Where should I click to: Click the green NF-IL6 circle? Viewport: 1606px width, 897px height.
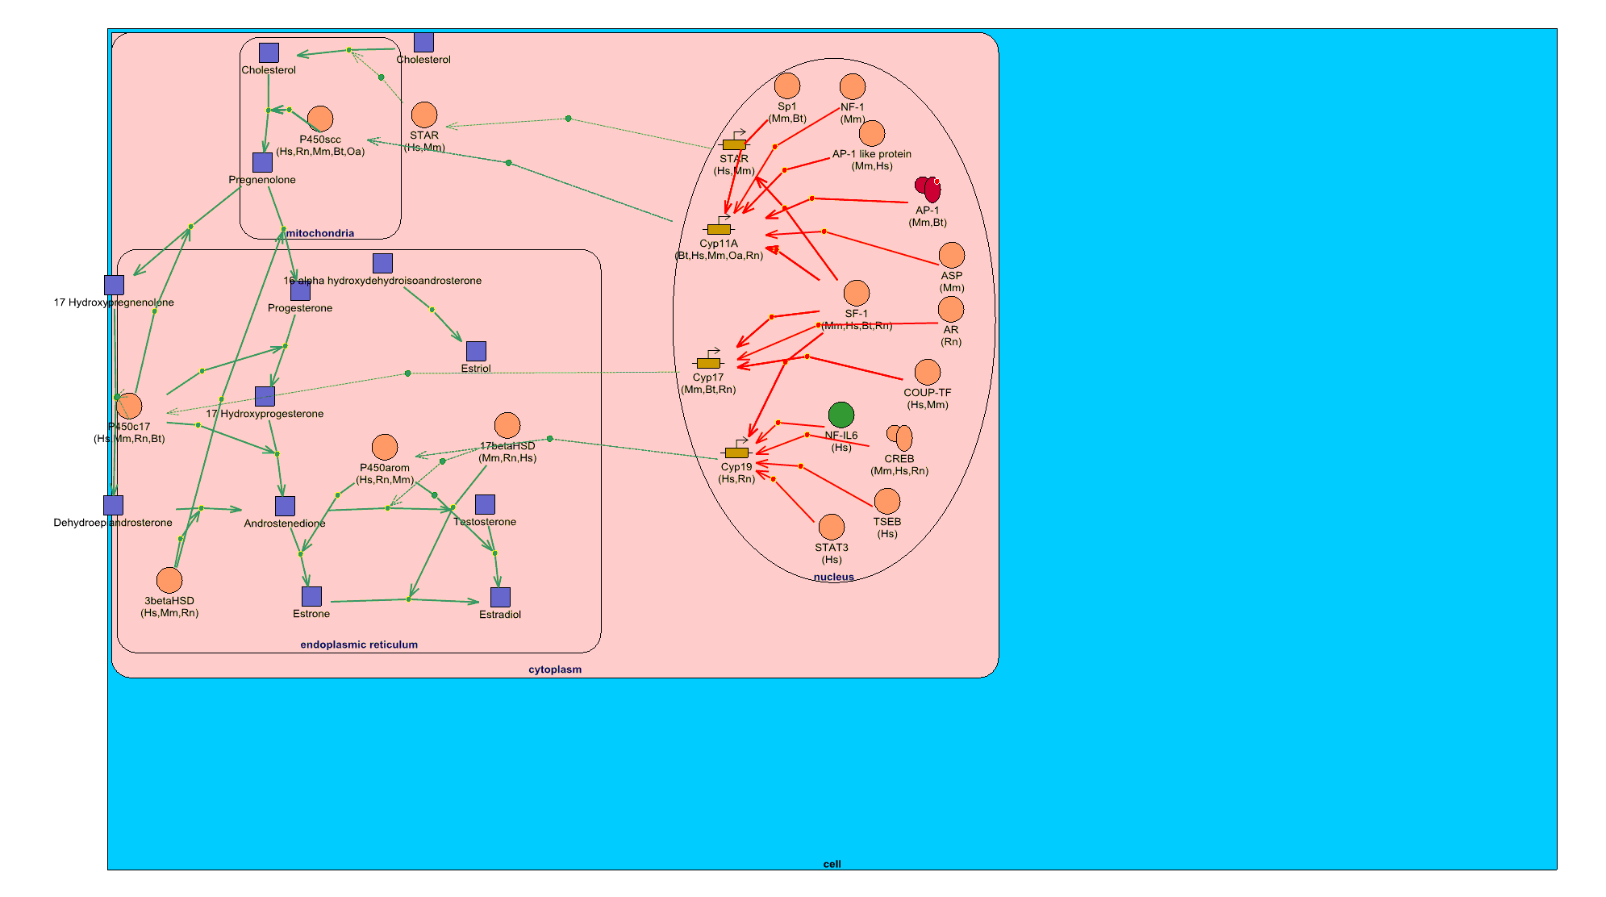pos(841,415)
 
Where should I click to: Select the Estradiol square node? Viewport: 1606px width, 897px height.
pos(500,597)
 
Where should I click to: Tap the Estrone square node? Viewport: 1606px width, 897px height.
pos(311,596)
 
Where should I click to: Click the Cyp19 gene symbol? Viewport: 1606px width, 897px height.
pos(736,453)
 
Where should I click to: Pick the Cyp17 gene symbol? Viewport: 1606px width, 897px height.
pos(708,363)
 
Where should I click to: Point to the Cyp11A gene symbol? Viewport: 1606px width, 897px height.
pos(719,229)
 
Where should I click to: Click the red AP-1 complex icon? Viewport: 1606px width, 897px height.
pos(928,189)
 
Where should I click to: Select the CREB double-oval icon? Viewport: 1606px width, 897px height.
pos(899,437)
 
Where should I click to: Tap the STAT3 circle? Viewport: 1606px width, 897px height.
pos(831,528)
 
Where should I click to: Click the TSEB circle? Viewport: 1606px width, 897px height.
pos(887,501)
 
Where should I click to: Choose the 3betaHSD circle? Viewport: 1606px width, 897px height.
pos(169,580)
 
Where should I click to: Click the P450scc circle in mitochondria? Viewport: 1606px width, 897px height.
pos(320,119)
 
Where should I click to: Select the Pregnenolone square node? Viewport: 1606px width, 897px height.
pos(262,162)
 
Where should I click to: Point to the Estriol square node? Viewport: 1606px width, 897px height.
pos(476,351)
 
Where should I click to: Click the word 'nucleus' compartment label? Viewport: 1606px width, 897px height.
pos(833,577)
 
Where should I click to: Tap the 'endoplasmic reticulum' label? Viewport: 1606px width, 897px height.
pos(359,645)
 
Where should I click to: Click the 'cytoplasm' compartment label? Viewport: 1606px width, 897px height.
pos(555,670)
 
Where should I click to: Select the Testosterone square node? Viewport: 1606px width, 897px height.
pos(485,504)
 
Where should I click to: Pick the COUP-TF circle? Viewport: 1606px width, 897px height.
pos(928,372)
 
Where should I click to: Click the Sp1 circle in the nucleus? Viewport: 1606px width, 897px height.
pos(787,86)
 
